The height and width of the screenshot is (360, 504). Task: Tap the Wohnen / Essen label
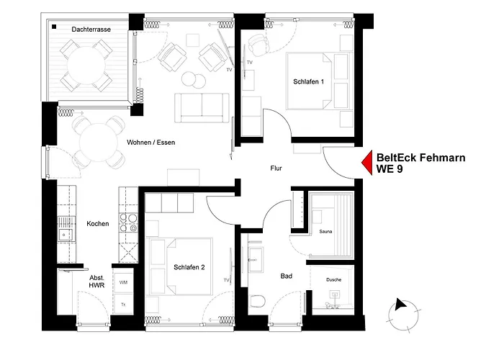(x=150, y=143)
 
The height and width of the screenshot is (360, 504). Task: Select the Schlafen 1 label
(x=309, y=82)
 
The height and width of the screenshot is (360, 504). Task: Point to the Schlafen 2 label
(x=189, y=267)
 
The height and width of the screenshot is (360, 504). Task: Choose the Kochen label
(x=97, y=224)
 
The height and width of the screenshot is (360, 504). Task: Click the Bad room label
(x=287, y=276)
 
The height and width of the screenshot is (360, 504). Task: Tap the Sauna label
(x=325, y=233)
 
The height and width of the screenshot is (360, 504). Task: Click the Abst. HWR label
(x=97, y=282)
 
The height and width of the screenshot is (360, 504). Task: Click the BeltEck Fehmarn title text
(x=420, y=158)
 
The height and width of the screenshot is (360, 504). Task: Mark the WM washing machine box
(x=123, y=282)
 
